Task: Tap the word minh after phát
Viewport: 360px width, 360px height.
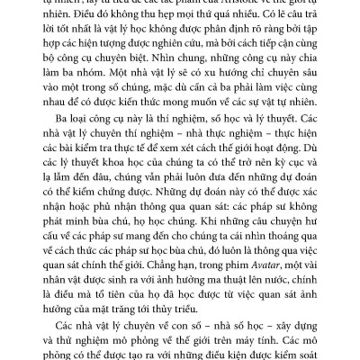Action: click(x=92, y=234)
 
